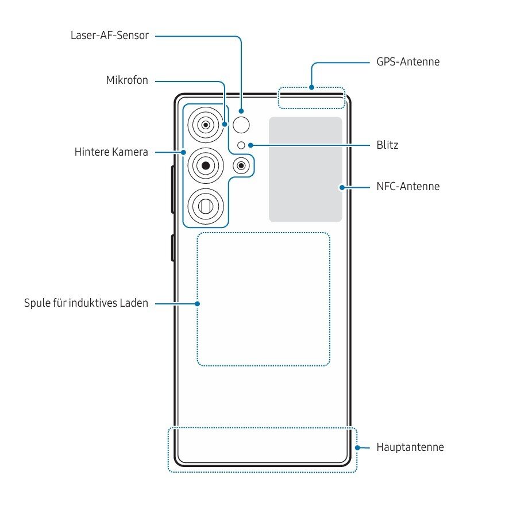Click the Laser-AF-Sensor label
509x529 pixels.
pyautogui.click(x=109, y=36)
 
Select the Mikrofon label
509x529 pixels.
pyautogui.click(x=127, y=80)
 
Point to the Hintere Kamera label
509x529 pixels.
pyautogui.click(x=111, y=152)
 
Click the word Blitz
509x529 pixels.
pyautogui.click(x=388, y=145)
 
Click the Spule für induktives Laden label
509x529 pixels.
pyautogui.click(x=86, y=303)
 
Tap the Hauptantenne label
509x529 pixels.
pyautogui.click(x=410, y=447)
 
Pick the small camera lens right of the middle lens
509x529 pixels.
pyautogui.click(x=241, y=166)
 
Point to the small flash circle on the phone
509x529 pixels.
pyautogui.click(x=241, y=145)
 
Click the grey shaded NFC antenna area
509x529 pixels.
pyautogui.click(x=305, y=169)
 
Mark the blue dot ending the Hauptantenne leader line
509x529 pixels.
pyautogui.click(x=357, y=447)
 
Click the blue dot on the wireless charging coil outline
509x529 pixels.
pyautogui.click(x=198, y=303)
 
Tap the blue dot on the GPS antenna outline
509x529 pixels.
pyautogui.click(x=311, y=88)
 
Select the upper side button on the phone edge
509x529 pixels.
pyautogui.click(x=172, y=190)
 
